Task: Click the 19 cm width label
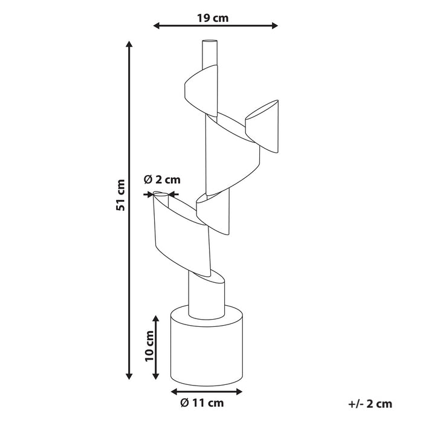tap(213, 18)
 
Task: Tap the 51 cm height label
tap(120, 195)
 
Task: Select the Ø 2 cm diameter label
tap(162, 179)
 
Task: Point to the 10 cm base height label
tap(149, 346)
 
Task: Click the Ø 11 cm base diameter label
tap(202, 403)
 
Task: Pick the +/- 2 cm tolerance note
tap(370, 404)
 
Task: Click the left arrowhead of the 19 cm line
tap(157, 25)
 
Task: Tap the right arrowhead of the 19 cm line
tap(274, 25)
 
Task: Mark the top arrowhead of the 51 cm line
tap(129, 44)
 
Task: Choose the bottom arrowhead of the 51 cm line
tap(129, 376)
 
